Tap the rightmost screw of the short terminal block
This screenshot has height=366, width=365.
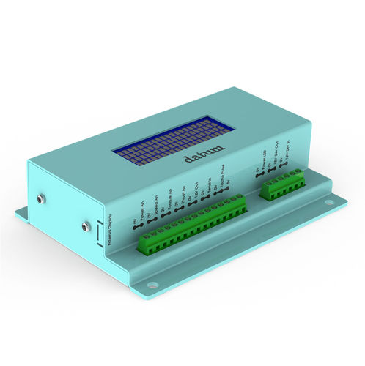click(300, 173)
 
